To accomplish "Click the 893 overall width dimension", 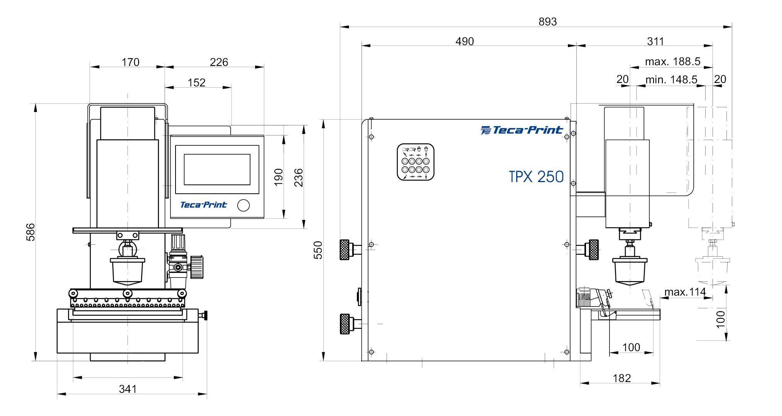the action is point(547,22).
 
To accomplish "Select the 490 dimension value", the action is point(464,41).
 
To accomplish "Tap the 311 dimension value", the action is point(655,41).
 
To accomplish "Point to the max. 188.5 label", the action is point(672,61).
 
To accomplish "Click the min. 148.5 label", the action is point(671,79).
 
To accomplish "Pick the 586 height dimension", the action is point(30,232).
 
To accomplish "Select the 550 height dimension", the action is point(318,250).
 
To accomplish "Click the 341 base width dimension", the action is point(127,389).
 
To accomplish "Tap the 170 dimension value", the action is point(130,62).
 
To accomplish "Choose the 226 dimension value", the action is point(219,62).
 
